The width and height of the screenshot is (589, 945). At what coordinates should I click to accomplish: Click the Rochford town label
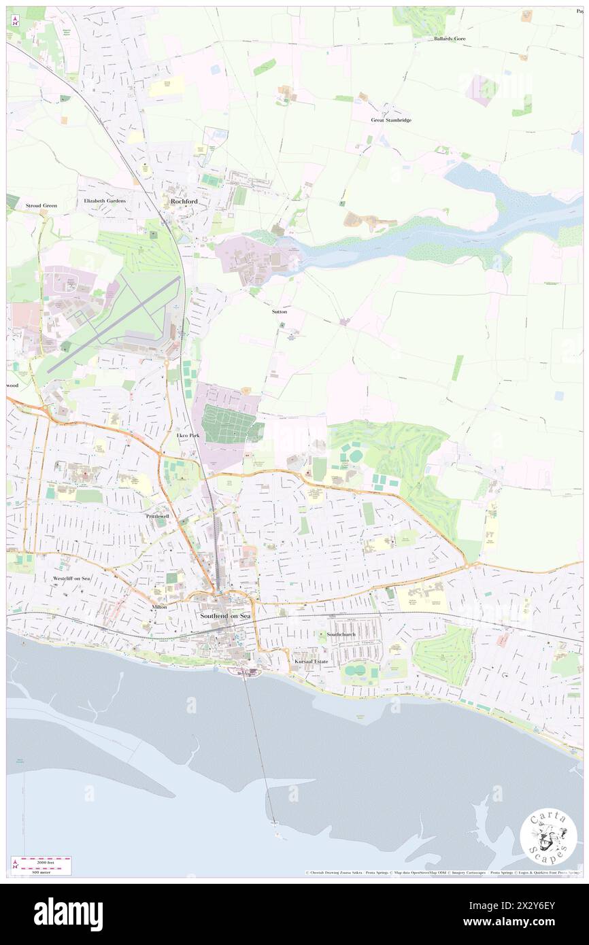click(184, 201)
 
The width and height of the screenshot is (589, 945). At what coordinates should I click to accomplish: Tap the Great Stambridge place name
click(391, 120)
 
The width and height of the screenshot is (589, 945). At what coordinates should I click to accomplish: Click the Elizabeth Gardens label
click(105, 201)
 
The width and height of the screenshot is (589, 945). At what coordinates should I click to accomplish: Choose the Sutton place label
click(279, 311)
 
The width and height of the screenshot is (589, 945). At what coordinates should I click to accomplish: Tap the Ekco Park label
click(188, 435)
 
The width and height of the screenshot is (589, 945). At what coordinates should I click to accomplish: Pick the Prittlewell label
click(160, 517)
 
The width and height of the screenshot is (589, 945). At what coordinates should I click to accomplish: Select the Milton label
click(159, 606)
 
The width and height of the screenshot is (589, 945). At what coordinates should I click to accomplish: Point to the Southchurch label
click(340, 634)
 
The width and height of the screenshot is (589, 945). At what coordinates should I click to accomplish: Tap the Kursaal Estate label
click(311, 661)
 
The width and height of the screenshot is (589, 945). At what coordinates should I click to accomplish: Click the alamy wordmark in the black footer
click(68, 914)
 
